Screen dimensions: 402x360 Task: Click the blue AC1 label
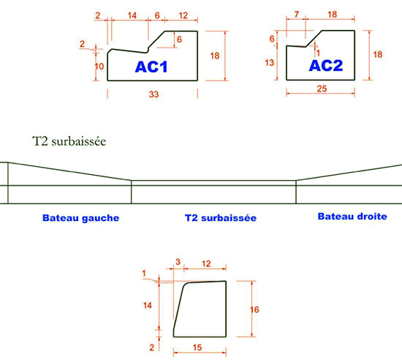tap(151, 67)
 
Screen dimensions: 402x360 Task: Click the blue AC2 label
tap(326, 65)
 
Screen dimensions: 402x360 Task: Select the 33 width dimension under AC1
tap(153, 94)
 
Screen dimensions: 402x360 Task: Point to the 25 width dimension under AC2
tap(322, 89)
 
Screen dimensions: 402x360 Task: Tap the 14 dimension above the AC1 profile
tap(132, 15)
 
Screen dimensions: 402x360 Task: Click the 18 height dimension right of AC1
tap(215, 56)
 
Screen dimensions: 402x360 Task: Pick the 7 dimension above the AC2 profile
tap(297, 15)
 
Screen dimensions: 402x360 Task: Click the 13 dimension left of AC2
tap(270, 63)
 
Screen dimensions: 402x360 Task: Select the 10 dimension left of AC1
tap(99, 67)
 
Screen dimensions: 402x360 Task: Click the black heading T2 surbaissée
tap(69, 141)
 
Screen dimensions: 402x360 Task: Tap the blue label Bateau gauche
tap(80, 218)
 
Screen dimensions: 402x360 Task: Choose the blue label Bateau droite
tap(352, 217)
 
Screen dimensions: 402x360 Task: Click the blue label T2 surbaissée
tap(221, 218)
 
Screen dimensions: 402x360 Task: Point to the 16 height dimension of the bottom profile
tap(254, 310)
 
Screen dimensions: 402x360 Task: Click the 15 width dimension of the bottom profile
tap(197, 348)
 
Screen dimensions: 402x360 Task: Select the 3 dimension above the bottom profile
tap(178, 262)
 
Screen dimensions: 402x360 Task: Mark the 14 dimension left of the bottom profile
tap(148, 305)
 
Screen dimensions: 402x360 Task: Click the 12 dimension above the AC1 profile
tap(183, 15)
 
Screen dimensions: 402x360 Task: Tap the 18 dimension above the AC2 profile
tap(333, 15)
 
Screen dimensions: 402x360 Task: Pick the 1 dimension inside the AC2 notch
tap(318, 53)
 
